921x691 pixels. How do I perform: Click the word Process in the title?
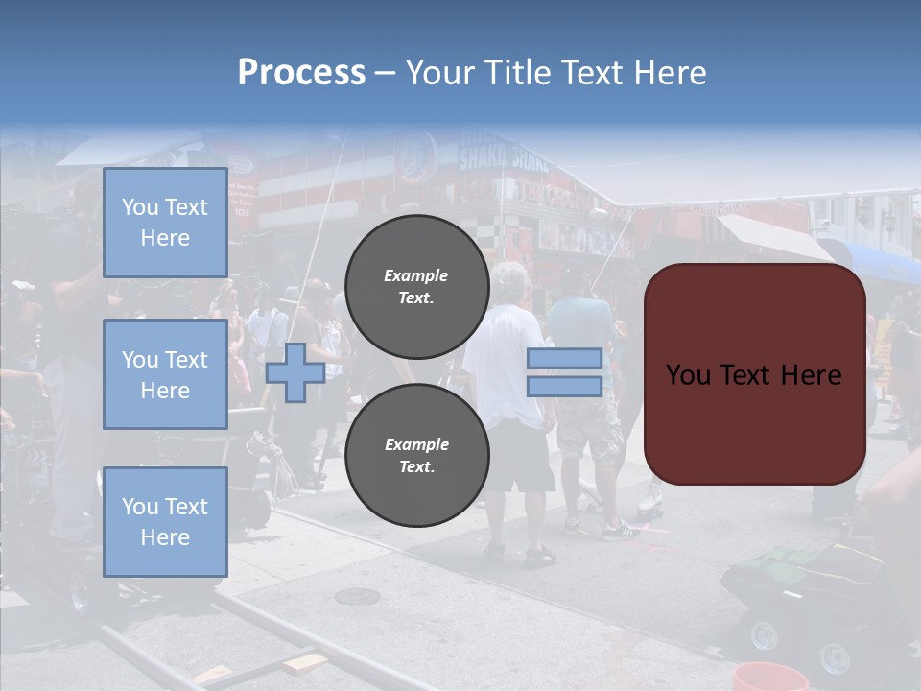point(301,72)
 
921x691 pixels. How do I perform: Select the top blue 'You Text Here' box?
point(165,223)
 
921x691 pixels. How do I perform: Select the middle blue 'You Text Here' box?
point(165,374)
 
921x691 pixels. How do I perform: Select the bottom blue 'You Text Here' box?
point(165,521)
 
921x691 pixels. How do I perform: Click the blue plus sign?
point(295,372)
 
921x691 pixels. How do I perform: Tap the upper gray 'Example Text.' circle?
point(416,286)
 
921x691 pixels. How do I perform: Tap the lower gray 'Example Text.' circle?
point(416,455)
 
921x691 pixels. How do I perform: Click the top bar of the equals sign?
point(564,358)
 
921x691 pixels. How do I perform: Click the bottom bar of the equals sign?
point(564,387)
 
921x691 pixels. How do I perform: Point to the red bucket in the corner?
point(769,678)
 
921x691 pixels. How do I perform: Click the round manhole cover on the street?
point(357,596)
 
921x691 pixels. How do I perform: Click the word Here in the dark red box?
point(810,374)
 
